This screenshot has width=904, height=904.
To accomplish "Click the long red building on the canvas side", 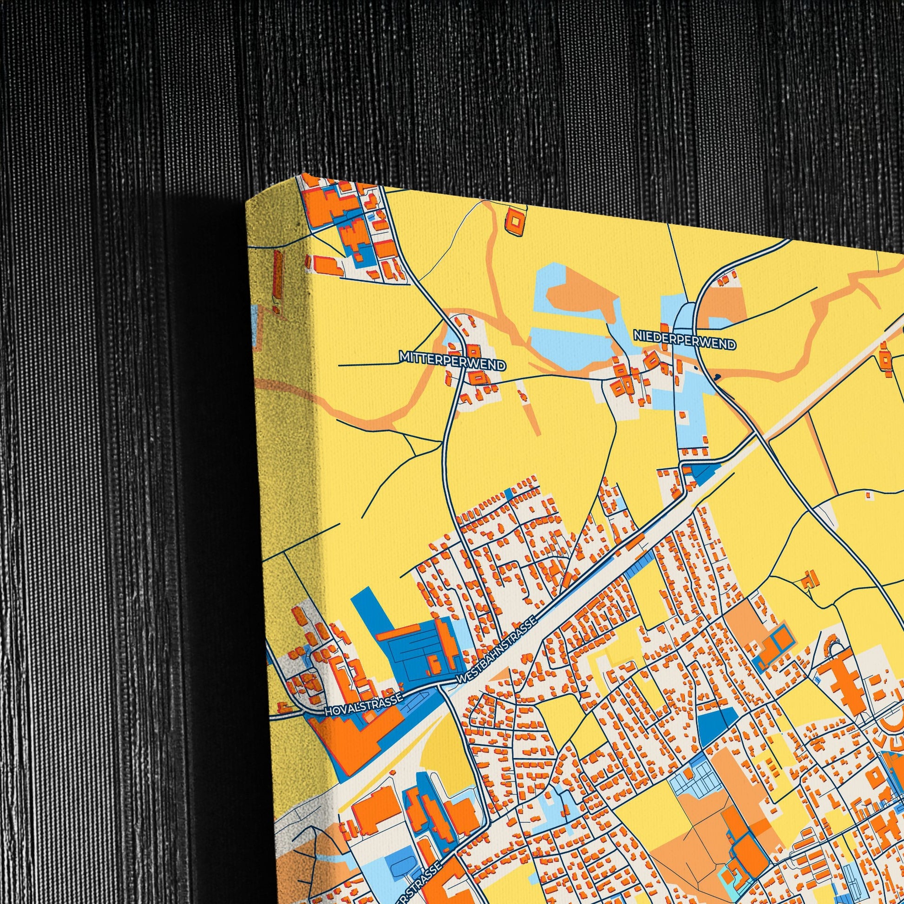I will coord(277,281).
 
